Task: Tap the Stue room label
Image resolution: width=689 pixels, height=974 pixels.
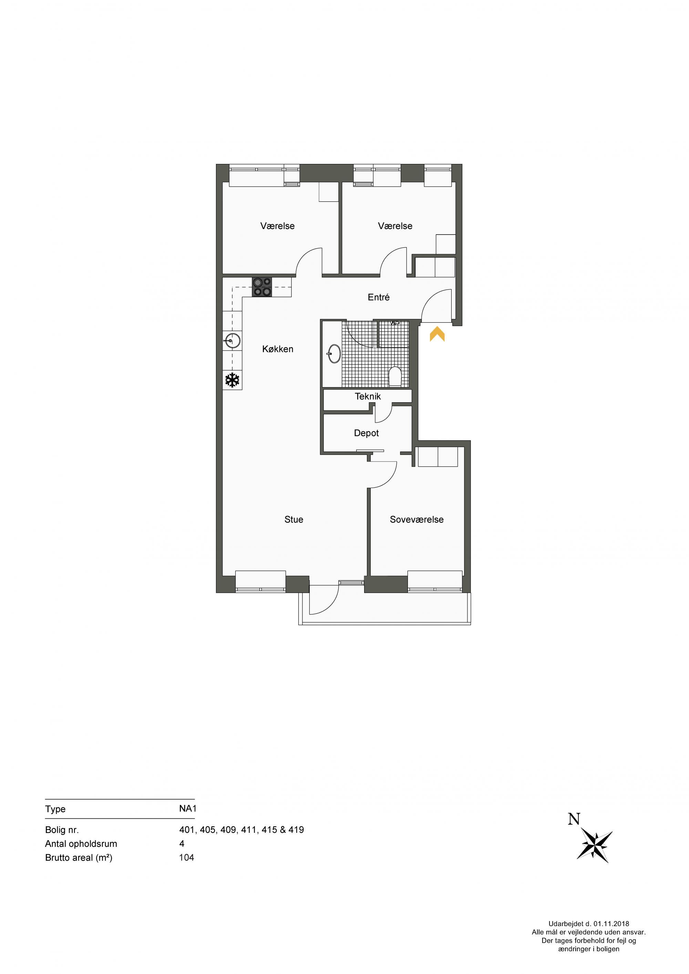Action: pos(294,519)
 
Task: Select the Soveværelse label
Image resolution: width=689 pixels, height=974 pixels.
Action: pos(417,519)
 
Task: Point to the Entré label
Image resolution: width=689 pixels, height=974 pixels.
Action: pos(379,297)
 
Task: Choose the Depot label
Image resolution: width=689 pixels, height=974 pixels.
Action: pos(366,433)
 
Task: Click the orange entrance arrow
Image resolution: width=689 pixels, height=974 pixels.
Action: pos(437,333)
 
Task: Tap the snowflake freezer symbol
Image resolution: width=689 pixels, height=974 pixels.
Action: pos(232,380)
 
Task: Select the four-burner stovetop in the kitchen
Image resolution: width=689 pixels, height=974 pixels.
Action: pos(262,287)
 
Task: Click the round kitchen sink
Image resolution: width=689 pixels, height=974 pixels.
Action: pos(232,340)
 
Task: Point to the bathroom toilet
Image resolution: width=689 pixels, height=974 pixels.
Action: pos(395,376)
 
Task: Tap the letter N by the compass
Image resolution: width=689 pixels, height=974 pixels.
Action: pos(574,819)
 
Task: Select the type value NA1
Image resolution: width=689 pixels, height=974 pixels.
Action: pos(187,797)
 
